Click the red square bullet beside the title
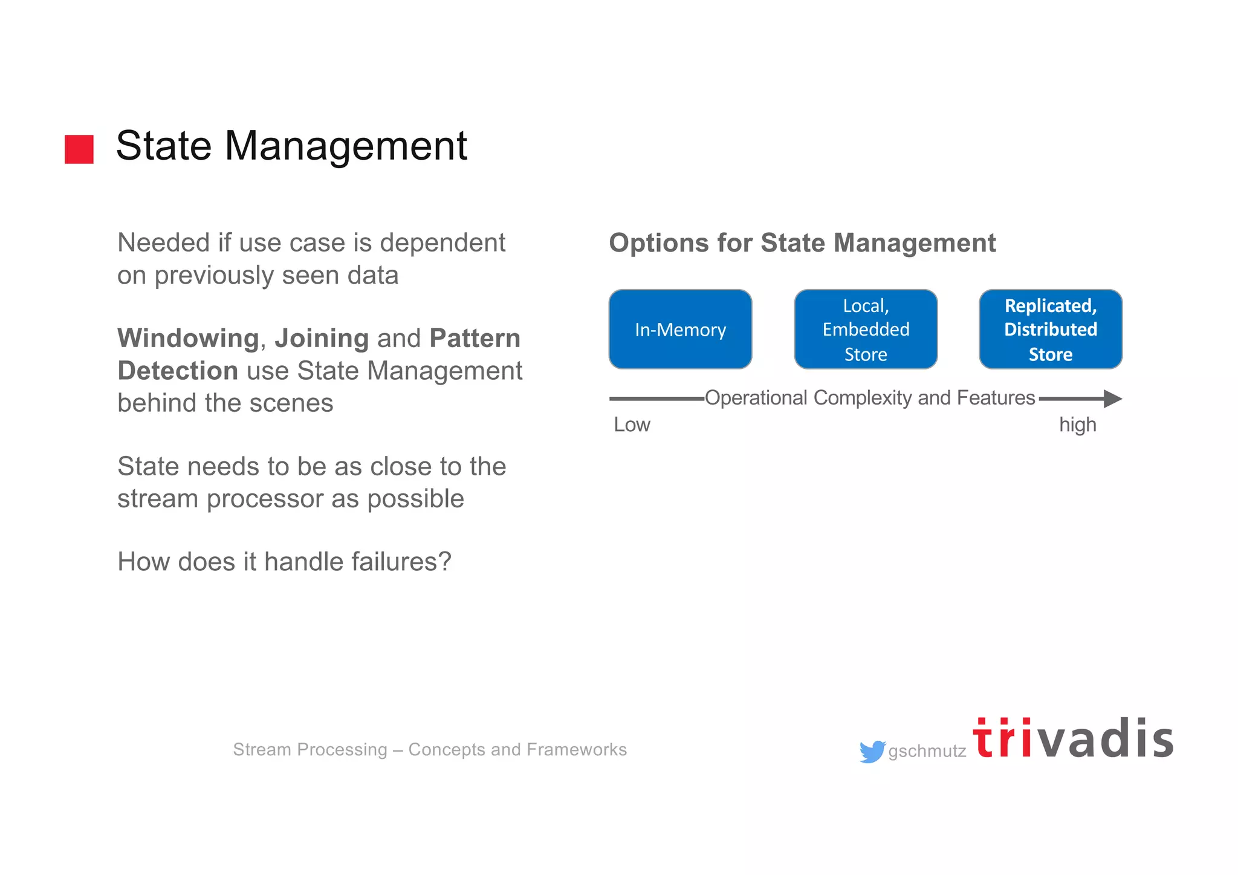pos(79,149)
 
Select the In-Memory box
pos(680,330)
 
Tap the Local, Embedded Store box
pos(866,330)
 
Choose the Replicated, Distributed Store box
pos(1051,330)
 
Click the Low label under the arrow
pos(632,425)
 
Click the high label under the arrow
pos(1077,425)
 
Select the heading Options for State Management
pos(802,243)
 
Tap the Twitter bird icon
pos(872,752)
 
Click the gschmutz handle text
pos(927,752)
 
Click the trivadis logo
pos(1073,739)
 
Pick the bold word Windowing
pos(188,339)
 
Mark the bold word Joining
pos(322,339)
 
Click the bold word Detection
pos(178,371)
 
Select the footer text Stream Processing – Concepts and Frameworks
pos(430,750)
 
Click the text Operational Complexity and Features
pos(870,398)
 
